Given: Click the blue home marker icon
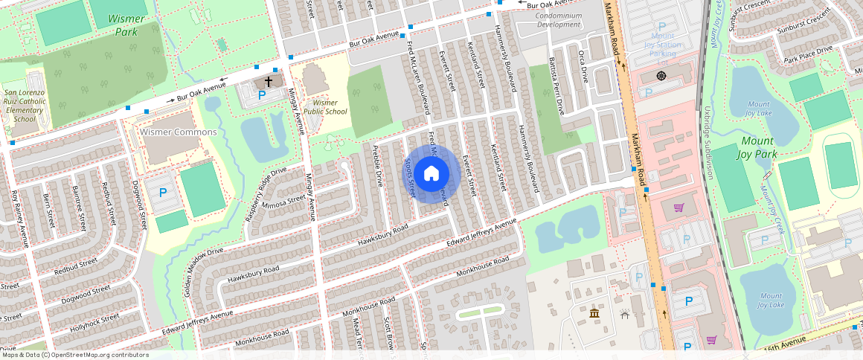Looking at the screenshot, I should [x=431, y=174].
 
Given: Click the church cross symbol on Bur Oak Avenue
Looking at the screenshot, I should [x=268, y=80].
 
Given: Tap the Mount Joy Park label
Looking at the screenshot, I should [x=759, y=148].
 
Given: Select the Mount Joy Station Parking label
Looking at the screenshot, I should [x=662, y=45].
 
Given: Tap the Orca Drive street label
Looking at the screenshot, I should [x=583, y=66].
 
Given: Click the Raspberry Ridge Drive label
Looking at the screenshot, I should [x=266, y=194].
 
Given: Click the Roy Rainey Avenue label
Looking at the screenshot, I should [x=19, y=219].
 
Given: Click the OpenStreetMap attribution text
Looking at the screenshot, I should [x=74, y=355].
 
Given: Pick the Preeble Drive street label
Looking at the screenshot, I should [x=377, y=165].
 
